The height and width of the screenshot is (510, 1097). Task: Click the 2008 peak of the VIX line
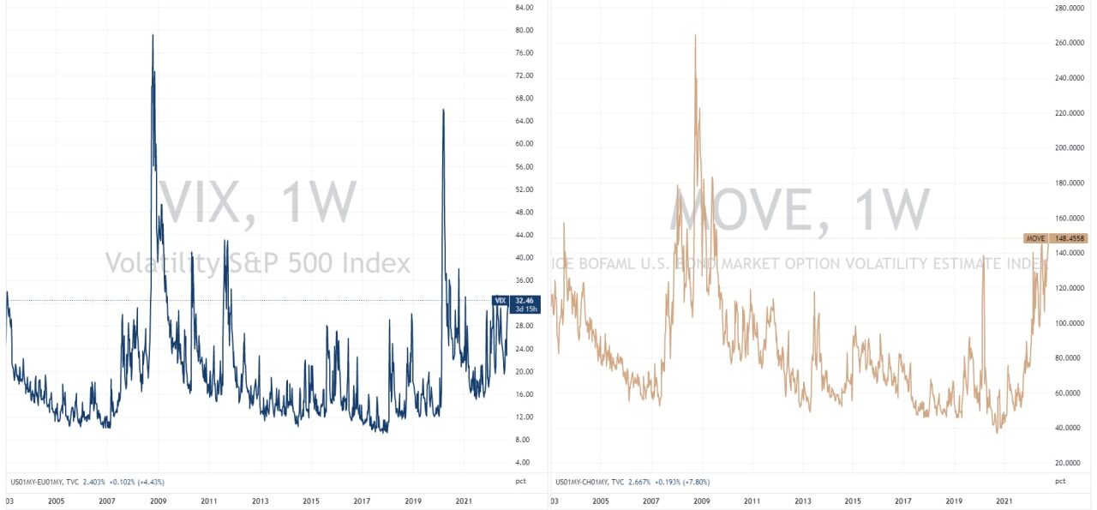pos(153,36)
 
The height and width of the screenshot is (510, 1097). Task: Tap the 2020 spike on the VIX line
pos(443,110)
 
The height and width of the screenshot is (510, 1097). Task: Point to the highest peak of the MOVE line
pos(695,35)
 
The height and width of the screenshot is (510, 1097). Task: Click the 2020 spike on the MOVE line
pos(982,255)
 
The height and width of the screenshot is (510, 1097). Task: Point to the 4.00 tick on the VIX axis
pos(523,462)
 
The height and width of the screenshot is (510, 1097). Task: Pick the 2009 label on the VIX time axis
pos(158,501)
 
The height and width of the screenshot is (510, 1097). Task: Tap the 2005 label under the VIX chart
pos(56,501)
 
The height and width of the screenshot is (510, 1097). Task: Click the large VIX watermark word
pos(206,203)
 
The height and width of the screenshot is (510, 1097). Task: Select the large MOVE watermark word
pos(740,208)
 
